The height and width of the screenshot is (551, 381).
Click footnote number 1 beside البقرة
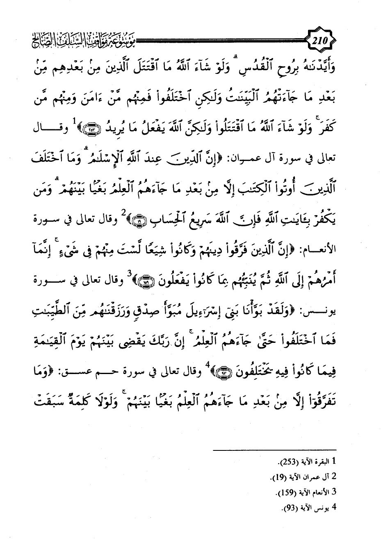(x=334, y=461)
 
